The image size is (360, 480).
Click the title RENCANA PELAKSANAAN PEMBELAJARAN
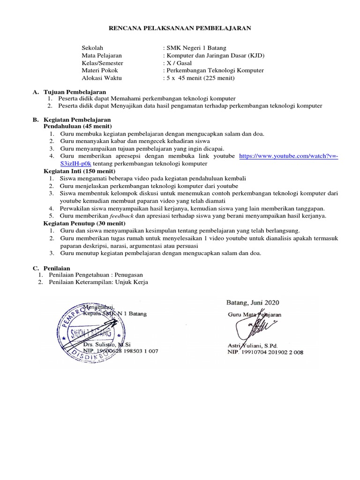click(180, 29)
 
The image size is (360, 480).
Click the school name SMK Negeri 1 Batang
click(194, 48)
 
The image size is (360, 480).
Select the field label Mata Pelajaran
click(102, 55)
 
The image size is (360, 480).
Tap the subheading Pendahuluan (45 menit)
click(77, 127)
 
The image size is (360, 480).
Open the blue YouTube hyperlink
click(288, 157)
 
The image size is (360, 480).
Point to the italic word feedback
click(121, 216)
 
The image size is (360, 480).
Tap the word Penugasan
click(127, 275)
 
